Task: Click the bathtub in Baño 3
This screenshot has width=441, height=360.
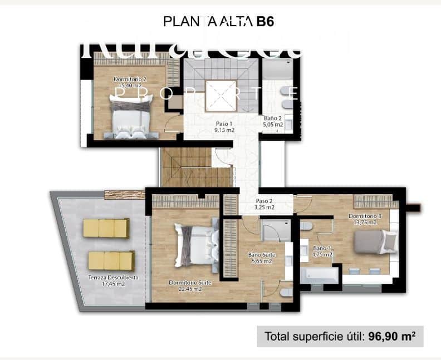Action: pos(320,274)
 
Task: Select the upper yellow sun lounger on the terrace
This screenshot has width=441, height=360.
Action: pos(106,228)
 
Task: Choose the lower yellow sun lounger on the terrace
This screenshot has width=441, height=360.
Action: pos(111,260)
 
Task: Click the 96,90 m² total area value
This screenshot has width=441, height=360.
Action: pos(392,336)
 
